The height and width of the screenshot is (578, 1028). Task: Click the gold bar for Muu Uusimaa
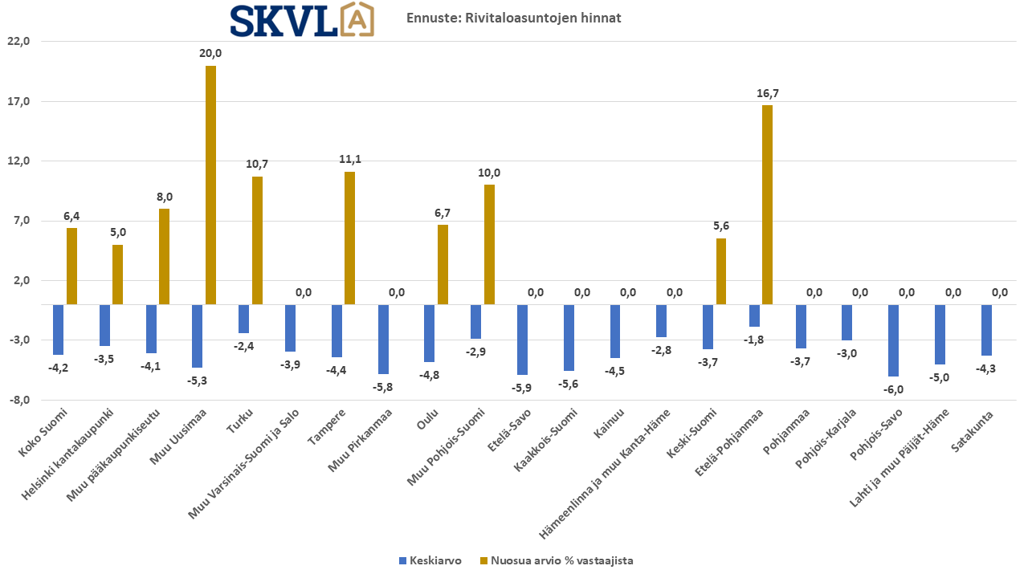(x=210, y=185)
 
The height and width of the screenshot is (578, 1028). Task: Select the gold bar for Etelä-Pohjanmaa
(x=767, y=205)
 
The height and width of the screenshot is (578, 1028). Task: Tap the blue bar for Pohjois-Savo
(x=894, y=340)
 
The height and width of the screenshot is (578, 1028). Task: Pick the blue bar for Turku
(x=244, y=319)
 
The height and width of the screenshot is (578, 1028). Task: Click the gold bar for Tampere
(x=349, y=238)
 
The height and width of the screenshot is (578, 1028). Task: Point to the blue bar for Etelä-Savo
(x=523, y=340)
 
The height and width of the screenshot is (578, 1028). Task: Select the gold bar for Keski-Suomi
(x=721, y=271)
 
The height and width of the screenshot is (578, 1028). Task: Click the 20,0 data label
(x=210, y=53)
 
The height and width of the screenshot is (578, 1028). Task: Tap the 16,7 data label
(x=768, y=93)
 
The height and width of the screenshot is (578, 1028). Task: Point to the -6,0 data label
(x=893, y=389)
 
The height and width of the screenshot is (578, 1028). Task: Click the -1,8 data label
(x=754, y=340)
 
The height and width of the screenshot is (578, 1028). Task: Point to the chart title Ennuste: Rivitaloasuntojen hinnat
(x=514, y=18)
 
